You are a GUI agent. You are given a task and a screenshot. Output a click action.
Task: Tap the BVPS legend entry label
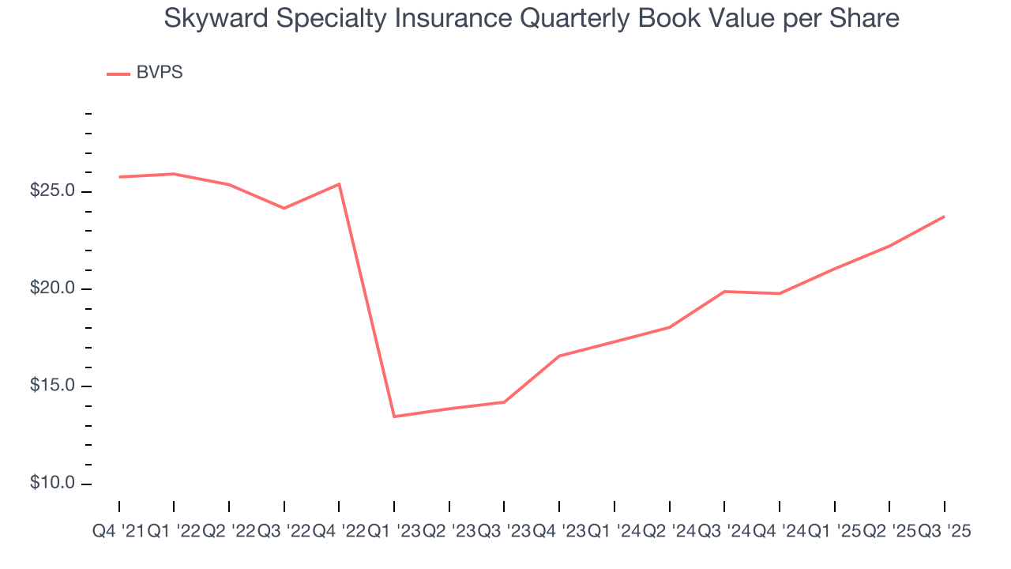160,73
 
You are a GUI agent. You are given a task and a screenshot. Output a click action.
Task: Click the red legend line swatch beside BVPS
118,74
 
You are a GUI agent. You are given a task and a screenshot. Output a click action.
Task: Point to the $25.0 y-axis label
52,192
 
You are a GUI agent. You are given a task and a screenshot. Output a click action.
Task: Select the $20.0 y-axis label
52,289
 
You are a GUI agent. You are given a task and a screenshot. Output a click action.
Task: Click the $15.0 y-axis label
52,386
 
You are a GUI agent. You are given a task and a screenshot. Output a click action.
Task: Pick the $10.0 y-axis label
52,483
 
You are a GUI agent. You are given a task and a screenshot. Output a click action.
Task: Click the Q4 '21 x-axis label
118,532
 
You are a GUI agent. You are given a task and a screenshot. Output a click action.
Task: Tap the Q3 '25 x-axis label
944,532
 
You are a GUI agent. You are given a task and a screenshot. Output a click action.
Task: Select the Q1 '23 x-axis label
394,532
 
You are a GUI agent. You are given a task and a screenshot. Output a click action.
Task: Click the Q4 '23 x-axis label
559,532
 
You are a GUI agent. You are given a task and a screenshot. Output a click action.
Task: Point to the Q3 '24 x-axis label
724,532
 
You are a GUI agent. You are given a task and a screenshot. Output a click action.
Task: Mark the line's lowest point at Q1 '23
394,416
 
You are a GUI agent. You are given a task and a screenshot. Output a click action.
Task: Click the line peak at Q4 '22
339,184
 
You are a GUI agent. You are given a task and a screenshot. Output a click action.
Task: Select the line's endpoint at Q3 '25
944,217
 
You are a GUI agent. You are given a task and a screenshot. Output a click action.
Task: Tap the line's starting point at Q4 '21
119,177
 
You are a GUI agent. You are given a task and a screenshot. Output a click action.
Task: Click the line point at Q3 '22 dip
284,208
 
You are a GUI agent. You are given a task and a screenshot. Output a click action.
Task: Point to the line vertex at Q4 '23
559,356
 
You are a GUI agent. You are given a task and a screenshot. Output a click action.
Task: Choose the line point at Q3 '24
724,292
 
